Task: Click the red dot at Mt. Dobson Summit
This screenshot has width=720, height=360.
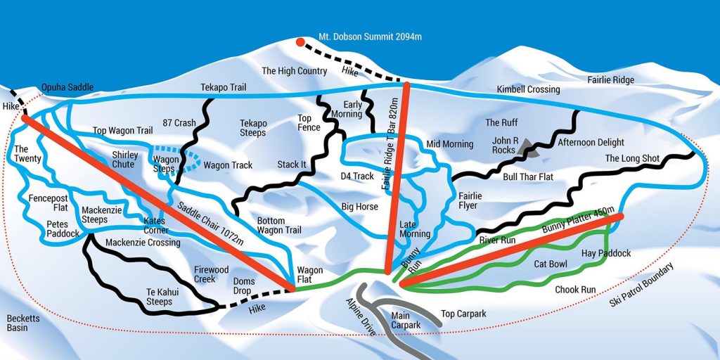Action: [x=300, y=42]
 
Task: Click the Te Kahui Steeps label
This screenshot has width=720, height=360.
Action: [x=159, y=297]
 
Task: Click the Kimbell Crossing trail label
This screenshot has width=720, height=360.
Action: [x=528, y=89]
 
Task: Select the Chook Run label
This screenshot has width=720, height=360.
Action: [x=575, y=289]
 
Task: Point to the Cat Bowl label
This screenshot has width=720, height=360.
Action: [x=551, y=264]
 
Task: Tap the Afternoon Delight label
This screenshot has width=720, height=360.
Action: [x=591, y=143]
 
